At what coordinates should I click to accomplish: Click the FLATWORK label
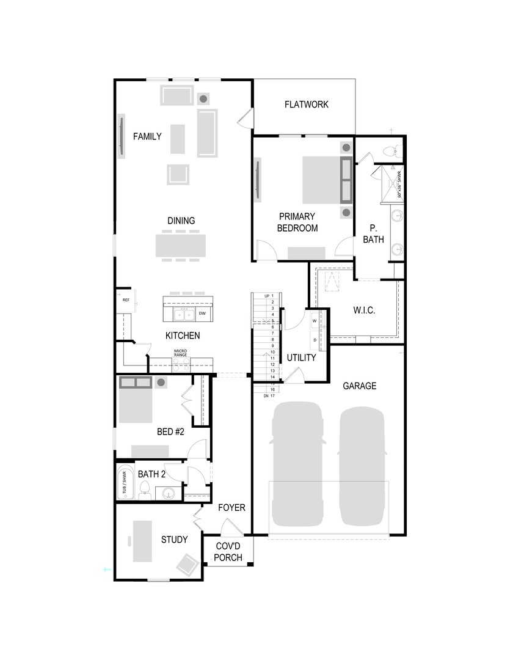[306, 105]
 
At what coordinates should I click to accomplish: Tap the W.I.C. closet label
[364, 310]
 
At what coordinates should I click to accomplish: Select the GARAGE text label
[359, 386]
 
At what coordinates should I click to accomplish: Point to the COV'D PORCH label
[228, 552]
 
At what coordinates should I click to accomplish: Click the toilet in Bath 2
[145, 490]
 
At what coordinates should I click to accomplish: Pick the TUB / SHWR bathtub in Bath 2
[125, 482]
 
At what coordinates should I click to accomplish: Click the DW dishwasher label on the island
[202, 313]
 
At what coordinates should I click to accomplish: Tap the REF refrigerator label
[126, 300]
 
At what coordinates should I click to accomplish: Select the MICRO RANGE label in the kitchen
[180, 353]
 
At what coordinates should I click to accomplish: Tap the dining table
[180, 246]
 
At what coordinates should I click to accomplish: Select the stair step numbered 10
[271, 352]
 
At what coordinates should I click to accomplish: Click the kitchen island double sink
[183, 314]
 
